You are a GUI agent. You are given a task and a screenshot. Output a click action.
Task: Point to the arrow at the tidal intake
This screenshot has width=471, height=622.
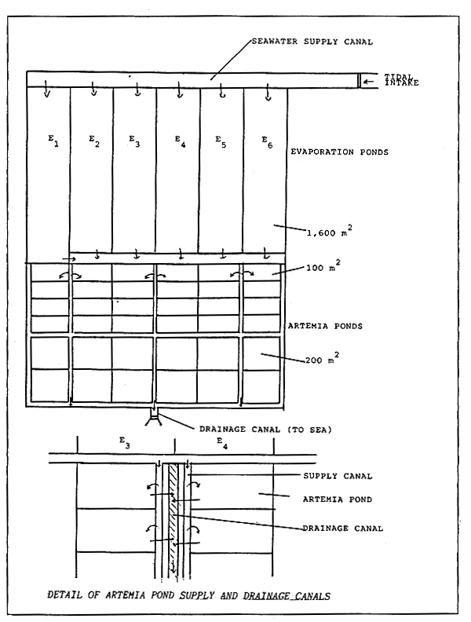369,80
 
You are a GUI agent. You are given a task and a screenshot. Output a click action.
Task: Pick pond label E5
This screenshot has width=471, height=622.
221,141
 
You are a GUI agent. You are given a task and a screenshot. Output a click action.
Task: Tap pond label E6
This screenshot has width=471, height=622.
266,142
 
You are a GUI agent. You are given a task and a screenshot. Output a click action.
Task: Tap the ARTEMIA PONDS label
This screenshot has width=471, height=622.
325,325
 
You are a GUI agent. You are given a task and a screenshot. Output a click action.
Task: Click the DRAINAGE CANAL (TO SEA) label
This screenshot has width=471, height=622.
268,430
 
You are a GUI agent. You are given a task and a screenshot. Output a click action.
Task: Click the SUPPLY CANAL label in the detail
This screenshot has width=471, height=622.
338,476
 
